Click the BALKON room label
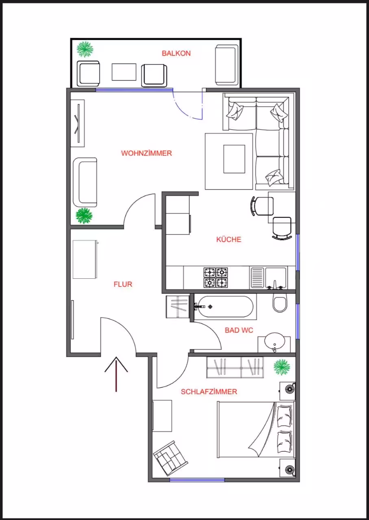click(176, 53)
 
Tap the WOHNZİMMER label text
click(147, 153)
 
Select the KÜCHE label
click(229, 239)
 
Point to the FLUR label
click(123, 284)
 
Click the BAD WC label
click(239, 330)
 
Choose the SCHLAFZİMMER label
click(209, 392)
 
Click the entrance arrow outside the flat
click(116, 374)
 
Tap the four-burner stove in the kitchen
click(215, 277)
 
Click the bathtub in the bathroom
click(225, 306)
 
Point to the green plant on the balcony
click(85, 50)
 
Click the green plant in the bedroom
click(282, 367)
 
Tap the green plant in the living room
click(84, 216)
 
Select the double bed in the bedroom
click(256, 429)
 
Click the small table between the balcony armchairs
click(124, 72)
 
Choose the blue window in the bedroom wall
click(197, 480)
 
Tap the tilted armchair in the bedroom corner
click(170, 458)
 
